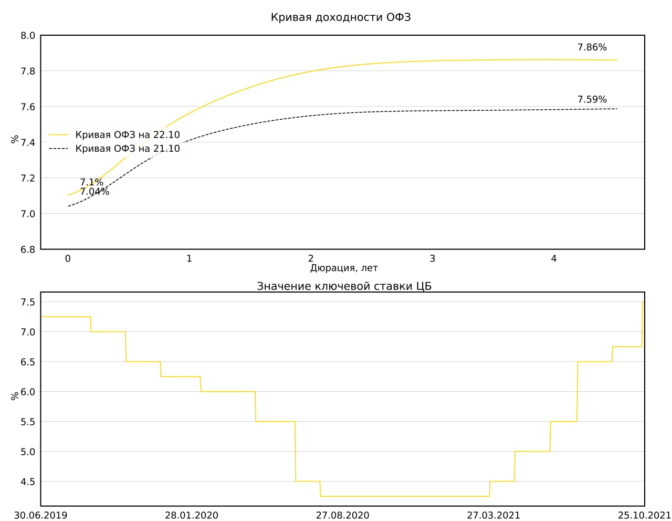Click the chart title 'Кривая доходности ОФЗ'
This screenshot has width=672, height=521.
click(341, 17)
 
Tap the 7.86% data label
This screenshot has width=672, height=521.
click(592, 47)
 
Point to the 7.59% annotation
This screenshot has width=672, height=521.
click(592, 99)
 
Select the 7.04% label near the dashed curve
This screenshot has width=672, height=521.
click(94, 192)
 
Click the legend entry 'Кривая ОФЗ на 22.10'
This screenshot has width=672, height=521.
click(127, 135)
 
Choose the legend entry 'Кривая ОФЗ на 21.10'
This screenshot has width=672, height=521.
click(127, 149)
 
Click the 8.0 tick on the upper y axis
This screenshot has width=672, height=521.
click(28, 36)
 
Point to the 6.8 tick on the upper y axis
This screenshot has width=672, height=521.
click(28, 249)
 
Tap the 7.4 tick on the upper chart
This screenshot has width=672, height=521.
click(28, 143)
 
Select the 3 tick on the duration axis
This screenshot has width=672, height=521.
click(432, 258)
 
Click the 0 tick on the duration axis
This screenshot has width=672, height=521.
click(68, 258)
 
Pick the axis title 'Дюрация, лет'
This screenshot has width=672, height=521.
click(344, 268)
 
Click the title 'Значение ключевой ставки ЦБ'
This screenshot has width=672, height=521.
click(344, 286)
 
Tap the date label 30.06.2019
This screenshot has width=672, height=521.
click(40, 515)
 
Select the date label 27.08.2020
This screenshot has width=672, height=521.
click(342, 515)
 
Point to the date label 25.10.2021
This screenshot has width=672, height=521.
click(644, 515)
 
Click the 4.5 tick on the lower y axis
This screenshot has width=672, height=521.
click(28, 482)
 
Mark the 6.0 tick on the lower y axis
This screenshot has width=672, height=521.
click(28, 392)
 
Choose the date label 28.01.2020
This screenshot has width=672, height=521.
click(192, 515)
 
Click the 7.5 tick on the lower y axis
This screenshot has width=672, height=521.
click(28, 302)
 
